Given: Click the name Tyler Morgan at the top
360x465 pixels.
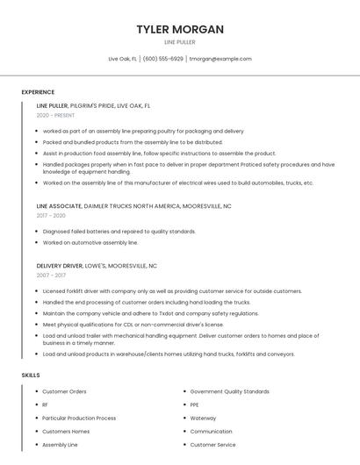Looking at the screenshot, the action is click(x=180, y=29).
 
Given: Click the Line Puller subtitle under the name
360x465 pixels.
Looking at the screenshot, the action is click(x=180, y=42).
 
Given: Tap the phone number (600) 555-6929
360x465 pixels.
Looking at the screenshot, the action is click(x=163, y=59).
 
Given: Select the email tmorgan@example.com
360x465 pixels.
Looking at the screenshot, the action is click(x=220, y=59).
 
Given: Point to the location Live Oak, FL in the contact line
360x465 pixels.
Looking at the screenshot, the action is click(x=122, y=59).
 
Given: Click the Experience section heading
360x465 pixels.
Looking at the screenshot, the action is click(x=38, y=92).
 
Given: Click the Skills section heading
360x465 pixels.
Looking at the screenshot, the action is click(x=31, y=376).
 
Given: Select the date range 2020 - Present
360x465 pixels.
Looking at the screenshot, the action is click(x=55, y=116).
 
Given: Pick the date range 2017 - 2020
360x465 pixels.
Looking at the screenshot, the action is click(x=51, y=215).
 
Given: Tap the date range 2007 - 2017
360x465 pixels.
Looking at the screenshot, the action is click(x=51, y=275).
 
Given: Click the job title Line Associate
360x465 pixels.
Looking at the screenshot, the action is click(x=59, y=205).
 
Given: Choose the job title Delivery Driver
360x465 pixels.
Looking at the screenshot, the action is click(x=60, y=265).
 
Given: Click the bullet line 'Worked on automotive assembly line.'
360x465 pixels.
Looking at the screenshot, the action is click(x=90, y=242).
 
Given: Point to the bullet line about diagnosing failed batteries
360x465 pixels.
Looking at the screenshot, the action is click(x=119, y=232).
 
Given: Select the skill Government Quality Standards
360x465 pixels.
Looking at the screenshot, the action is click(x=229, y=391).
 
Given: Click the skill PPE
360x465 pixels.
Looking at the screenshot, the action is click(x=195, y=404).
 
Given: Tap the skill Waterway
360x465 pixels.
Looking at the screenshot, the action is click(x=203, y=418).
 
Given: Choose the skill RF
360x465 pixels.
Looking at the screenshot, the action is click(x=46, y=404).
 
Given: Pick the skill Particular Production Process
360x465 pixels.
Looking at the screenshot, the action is click(x=79, y=418).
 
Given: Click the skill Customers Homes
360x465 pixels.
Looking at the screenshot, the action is click(x=66, y=432).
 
